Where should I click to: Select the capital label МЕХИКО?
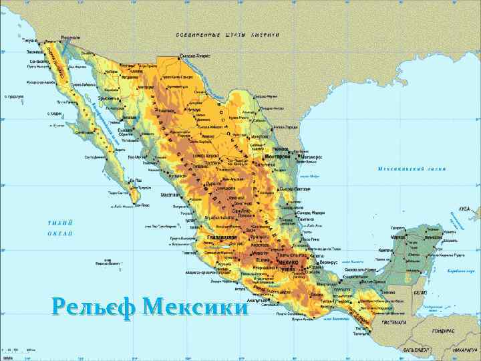(286, 263)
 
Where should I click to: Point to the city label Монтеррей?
(279, 156)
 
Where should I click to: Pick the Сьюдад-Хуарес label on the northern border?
(195, 56)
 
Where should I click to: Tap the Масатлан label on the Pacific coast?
(170, 195)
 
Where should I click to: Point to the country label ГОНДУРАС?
(443, 331)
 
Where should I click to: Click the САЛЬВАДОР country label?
(417, 350)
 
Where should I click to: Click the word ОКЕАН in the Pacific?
(59, 233)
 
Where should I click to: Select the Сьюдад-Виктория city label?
(295, 189)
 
